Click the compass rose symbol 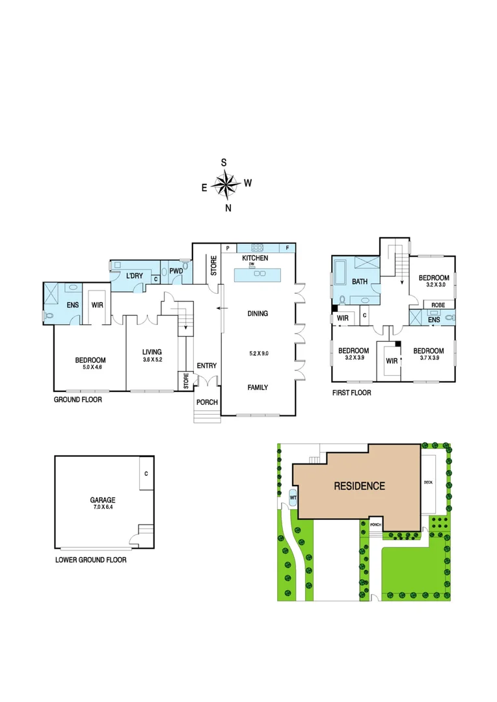pyautogui.click(x=226, y=185)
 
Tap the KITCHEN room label pyautogui.click(x=255, y=258)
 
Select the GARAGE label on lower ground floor pyautogui.click(x=102, y=500)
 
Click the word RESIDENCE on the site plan pyautogui.click(x=359, y=486)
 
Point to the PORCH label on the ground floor pyautogui.click(x=208, y=402)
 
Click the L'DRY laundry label pyautogui.click(x=134, y=276)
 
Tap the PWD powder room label pyautogui.click(x=176, y=271)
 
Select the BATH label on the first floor pyautogui.click(x=360, y=282)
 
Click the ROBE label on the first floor pyautogui.click(x=438, y=304)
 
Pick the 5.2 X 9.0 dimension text pyautogui.click(x=258, y=354)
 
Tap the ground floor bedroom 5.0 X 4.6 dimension pyautogui.click(x=90, y=367)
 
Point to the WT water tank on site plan pyautogui.click(x=293, y=498)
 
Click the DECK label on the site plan pyautogui.click(x=427, y=482)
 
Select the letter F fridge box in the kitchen pyautogui.click(x=288, y=248)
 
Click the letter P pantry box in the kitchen pyautogui.click(x=228, y=248)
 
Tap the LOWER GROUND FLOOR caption pyautogui.click(x=90, y=560)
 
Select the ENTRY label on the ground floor pyautogui.click(x=206, y=366)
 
